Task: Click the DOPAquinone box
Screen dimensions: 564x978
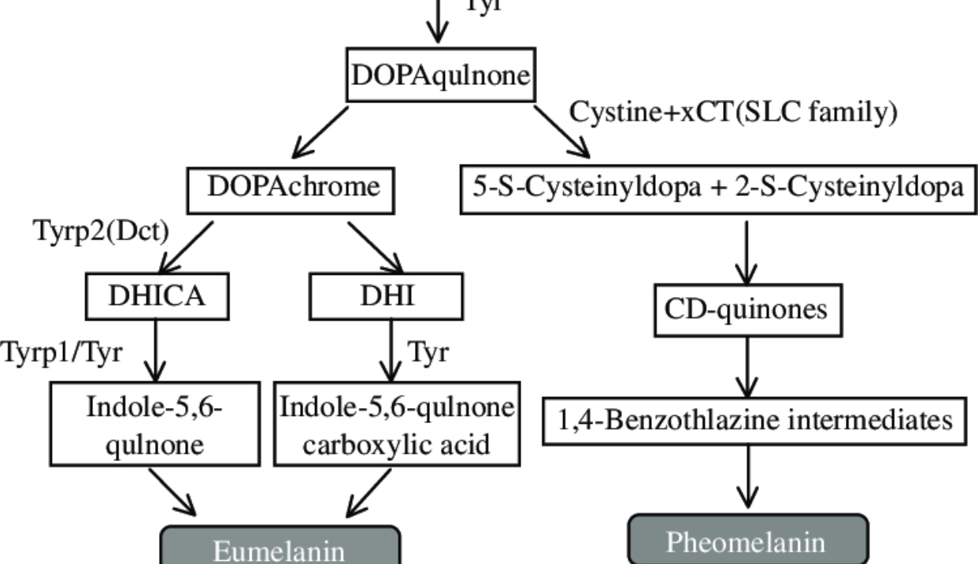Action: point(441,77)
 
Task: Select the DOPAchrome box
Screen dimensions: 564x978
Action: point(294,188)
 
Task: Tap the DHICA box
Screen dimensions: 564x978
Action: point(157,295)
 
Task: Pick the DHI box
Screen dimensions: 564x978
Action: point(387,295)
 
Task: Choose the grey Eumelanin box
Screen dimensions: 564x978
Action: point(280,547)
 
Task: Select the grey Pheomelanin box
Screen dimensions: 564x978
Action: point(747,542)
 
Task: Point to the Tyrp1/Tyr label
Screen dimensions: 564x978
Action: point(61,352)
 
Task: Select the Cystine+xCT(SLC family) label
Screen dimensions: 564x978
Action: point(733,113)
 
